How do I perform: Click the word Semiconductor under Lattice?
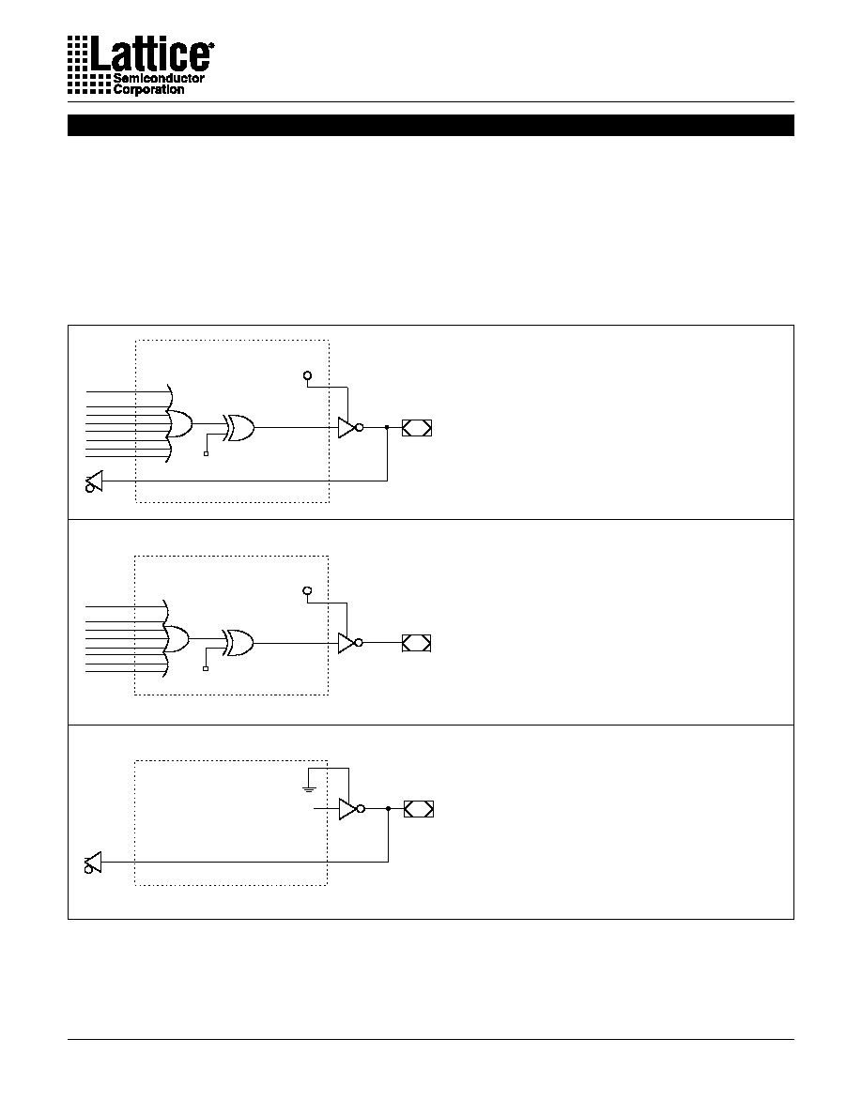159,78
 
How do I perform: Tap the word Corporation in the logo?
148,89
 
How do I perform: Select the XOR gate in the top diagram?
239,427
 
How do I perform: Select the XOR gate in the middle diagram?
238,643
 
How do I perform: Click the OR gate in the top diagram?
179,424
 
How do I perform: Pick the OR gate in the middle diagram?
177,639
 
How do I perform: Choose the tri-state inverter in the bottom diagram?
351,808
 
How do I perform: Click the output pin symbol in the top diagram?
417,427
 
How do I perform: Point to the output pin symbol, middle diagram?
417,643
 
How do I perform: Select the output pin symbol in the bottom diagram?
419,808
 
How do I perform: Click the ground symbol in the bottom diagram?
309,787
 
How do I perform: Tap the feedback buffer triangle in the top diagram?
94,481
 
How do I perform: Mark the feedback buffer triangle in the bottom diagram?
93,863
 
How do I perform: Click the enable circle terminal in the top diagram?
307,375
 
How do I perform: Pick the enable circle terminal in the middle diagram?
307,591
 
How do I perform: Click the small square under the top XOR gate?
207,453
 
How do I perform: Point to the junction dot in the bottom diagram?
389,808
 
